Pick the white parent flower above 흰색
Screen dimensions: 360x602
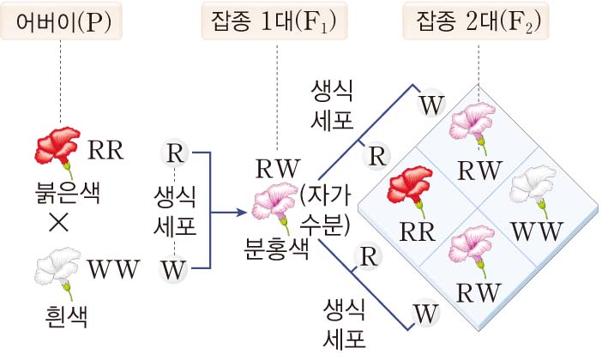click(x=58, y=268)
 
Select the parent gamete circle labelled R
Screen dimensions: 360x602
click(x=174, y=154)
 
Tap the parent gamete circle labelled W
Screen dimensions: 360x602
click(x=174, y=270)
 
